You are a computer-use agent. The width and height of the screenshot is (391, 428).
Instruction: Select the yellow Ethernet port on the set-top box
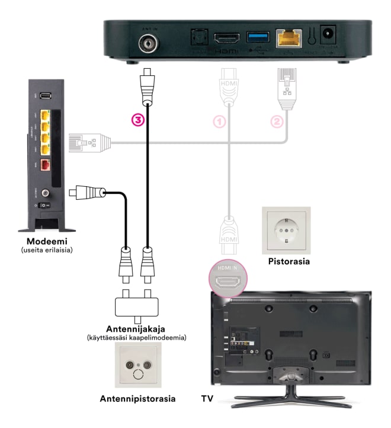289,39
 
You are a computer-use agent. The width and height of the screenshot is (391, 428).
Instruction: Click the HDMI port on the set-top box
226,39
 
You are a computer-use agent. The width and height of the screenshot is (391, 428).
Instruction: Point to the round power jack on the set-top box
326,36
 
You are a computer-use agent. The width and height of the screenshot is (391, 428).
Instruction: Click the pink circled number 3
137,119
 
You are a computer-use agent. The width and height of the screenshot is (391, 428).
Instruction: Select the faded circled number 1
220,122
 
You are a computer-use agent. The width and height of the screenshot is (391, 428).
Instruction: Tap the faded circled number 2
276,122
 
